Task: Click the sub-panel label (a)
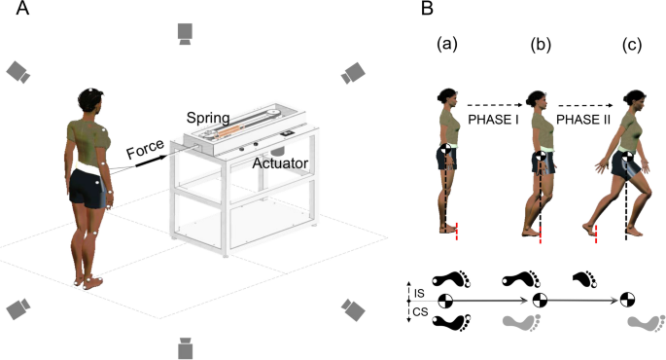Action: coord(447,45)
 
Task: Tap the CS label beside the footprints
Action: coord(419,311)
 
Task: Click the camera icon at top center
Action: coord(186,34)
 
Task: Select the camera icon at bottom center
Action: coord(186,346)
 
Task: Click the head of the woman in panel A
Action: coord(89,99)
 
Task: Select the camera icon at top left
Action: coord(18,71)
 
